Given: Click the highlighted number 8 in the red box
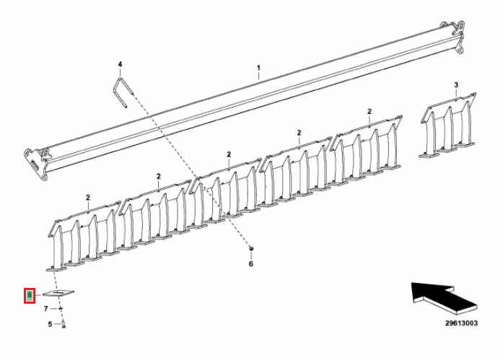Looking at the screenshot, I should pyautogui.click(x=30, y=295).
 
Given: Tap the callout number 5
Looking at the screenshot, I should pyautogui.click(x=51, y=325).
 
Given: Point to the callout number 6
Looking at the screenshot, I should pyautogui.click(x=251, y=264).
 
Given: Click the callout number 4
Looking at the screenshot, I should pyautogui.click(x=121, y=64).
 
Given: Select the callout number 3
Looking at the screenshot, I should pyautogui.click(x=456, y=85).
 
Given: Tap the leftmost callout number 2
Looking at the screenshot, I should pyautogui.click(x=87, y=197).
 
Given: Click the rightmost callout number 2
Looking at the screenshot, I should pyautogui.click(x=369, y=111).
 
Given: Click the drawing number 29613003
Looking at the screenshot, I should pyautogui.click(x=461, y=324).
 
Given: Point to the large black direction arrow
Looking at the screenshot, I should pyautogui.click(x=437, y=295).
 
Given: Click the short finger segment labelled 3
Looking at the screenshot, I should pyautogui.click(x=447, y=126).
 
